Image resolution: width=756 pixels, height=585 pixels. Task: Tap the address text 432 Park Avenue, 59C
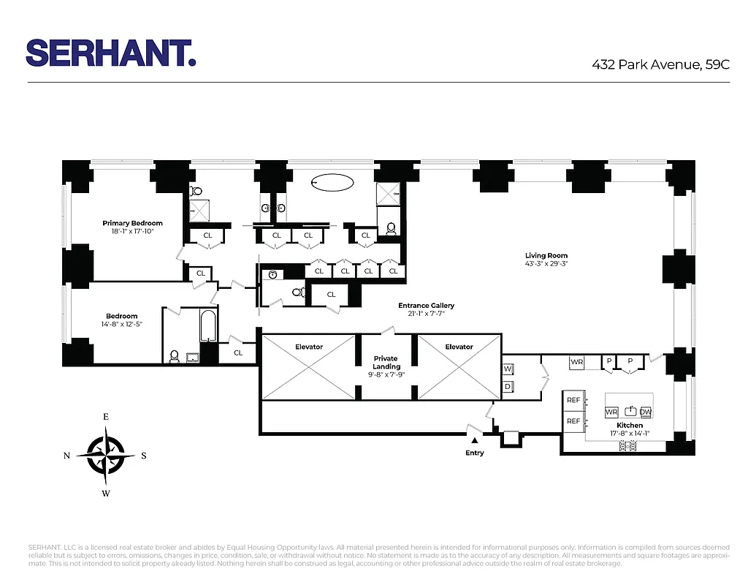click(x=660, y=64)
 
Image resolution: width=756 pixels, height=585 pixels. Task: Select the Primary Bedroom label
click(x=132, y=223)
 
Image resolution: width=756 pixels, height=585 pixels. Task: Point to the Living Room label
click(x=546, y=256)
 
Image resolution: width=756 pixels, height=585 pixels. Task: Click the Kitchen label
click(x=630, y=425)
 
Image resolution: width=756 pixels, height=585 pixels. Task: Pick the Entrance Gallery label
click(x=426, y=306)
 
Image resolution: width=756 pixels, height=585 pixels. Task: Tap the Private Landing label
click(x=386, y=363)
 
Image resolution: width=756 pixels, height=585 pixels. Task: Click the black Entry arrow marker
click(x=474, y=440)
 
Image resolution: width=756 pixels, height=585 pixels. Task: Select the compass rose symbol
click(x=106, y=455)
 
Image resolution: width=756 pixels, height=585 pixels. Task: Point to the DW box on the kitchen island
click(x=646, y=412)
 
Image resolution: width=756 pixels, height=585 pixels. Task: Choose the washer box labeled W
click(x=508, y=369)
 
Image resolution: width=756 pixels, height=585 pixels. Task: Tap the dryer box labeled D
click(x=508, y=386)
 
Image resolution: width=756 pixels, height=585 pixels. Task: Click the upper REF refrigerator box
click(x=573, y=400)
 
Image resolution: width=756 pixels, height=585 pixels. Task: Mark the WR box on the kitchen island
click(x=611, y=412)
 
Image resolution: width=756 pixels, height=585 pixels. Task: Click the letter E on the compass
click(x=106, y=417)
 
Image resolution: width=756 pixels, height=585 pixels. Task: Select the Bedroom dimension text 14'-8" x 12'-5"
click(x=121, y=324)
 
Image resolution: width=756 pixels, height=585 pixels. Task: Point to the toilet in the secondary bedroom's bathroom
click(x=174, y=357)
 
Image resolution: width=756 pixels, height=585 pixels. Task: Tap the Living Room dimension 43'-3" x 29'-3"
click(x=546, y=264)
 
